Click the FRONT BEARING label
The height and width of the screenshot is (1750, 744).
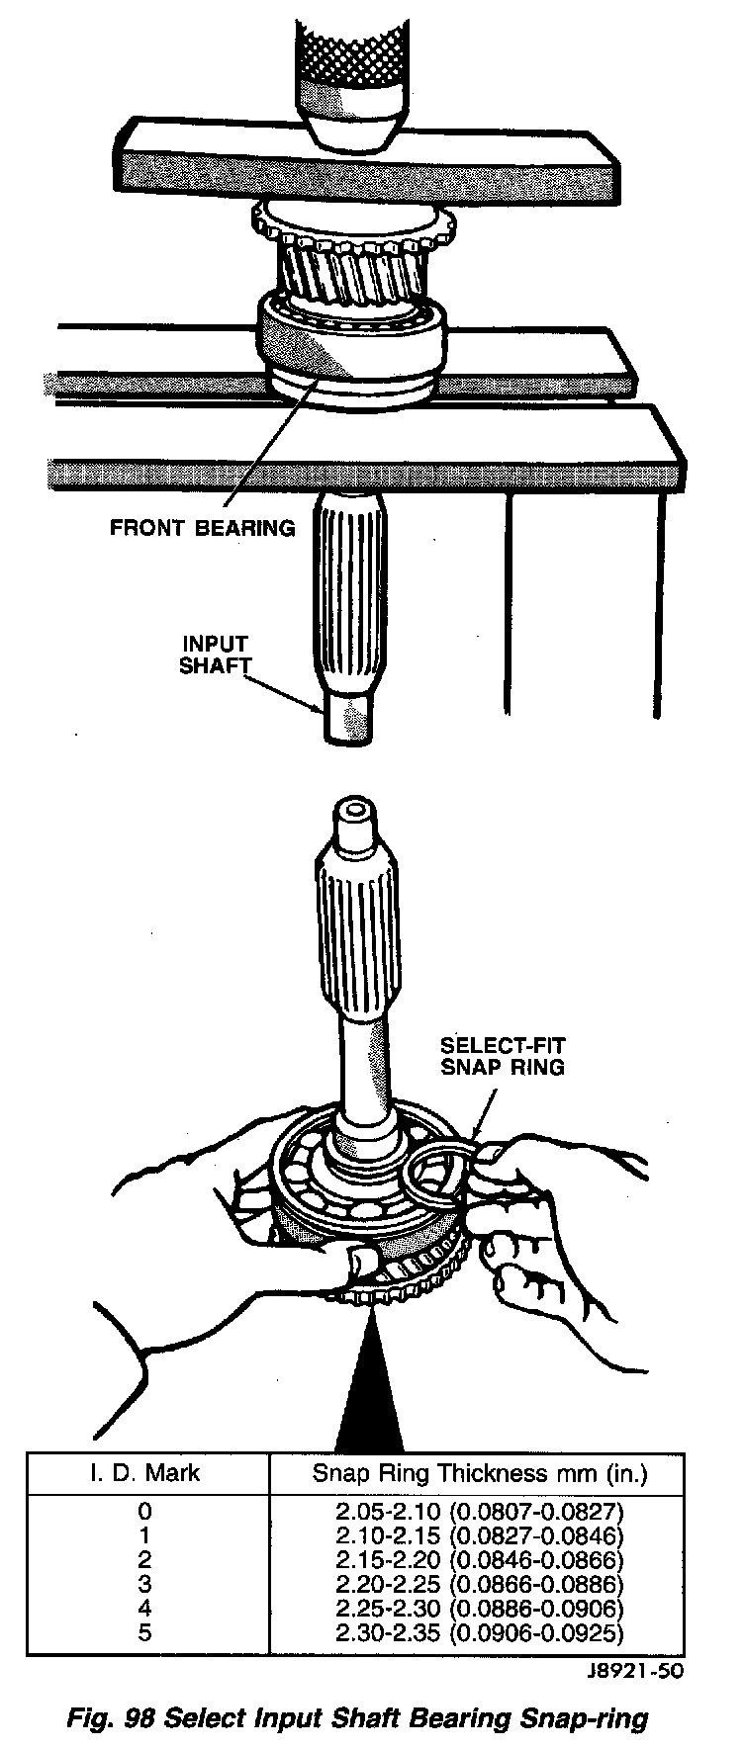coord(202,528)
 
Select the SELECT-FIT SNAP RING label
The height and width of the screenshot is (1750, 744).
coord(503,1057)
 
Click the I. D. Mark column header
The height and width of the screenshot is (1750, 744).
coord(145,1473)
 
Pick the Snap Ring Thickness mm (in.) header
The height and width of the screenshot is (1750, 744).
coord(480,1473)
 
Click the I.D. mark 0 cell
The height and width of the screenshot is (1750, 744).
coord(145,1513)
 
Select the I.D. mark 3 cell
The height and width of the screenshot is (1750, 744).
coord(145,1585)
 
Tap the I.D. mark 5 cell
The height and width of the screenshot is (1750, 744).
coord(145,1633)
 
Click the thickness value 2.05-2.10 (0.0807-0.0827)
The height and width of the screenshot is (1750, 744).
coord(480,1513)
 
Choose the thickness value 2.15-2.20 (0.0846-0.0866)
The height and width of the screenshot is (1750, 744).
coord(480,1561)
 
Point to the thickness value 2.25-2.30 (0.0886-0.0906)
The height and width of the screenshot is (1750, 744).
coord(480,1610)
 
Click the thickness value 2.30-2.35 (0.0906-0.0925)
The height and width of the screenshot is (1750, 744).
coord(480,1633)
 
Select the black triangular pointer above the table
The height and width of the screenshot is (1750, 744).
coord(370,1394)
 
